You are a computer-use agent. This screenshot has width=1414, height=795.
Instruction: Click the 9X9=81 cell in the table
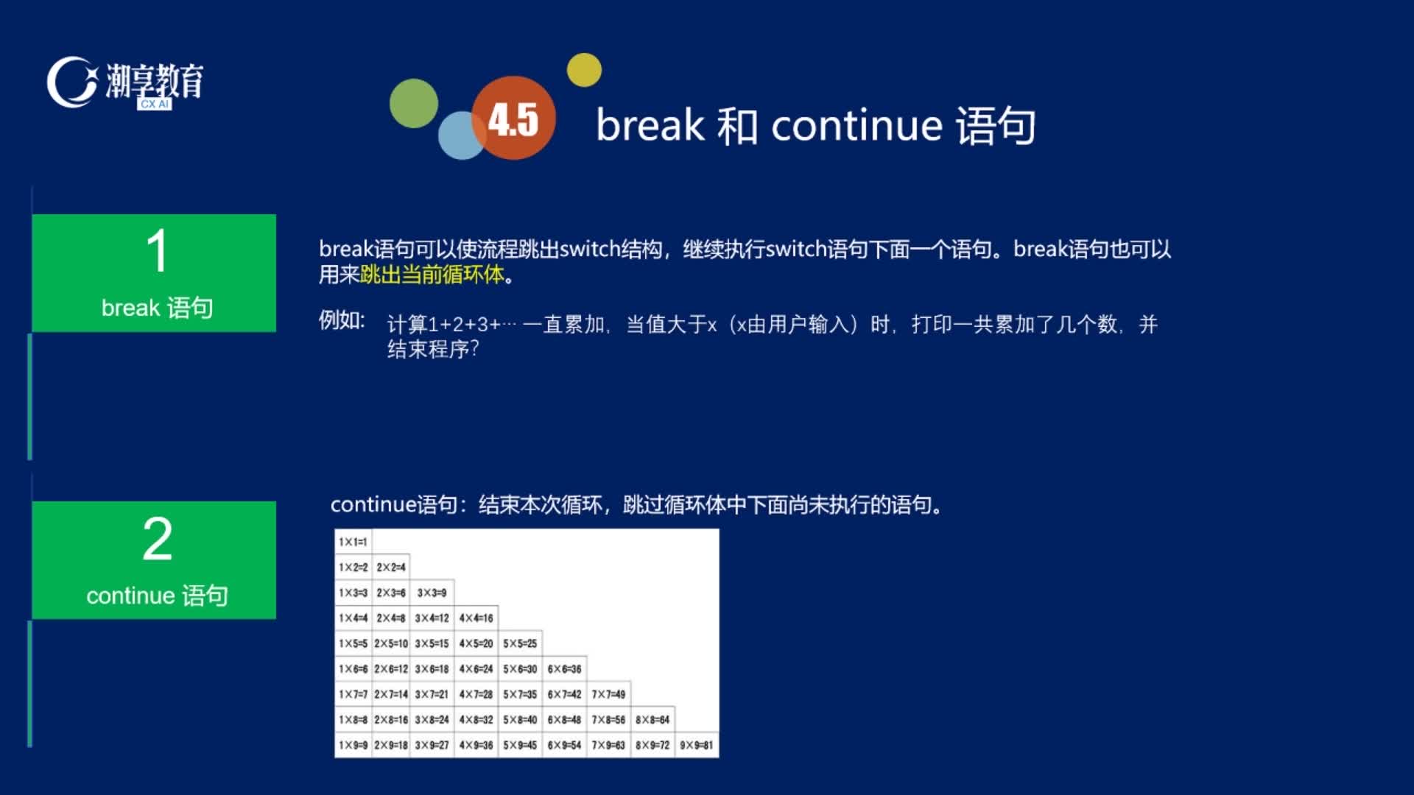tap(697, 745)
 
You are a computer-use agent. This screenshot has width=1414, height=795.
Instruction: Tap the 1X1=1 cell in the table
tap(353, 542)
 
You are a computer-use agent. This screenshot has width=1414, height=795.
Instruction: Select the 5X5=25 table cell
tap(520, 643)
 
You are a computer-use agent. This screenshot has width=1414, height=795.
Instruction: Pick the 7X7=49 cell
tap(608, 694)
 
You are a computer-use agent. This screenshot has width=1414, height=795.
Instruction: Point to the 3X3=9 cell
tap(432, 593)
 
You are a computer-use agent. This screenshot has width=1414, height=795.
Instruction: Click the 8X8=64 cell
tap(653, 720)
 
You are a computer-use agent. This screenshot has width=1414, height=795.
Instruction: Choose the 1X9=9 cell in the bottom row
tap(353, 745)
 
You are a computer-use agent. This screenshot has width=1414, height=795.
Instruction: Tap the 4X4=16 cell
tap(476, 618)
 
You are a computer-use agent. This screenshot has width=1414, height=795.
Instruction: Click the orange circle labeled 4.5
tap(513, 118)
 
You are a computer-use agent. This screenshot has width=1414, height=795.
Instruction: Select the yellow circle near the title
tap(584, 70)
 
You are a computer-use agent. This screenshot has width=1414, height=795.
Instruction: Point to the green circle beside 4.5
tap(414, 103)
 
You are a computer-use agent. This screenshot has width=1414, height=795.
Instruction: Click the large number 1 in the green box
tap(157, 251)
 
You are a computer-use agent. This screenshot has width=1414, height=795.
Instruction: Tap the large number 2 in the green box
tap(158, 539)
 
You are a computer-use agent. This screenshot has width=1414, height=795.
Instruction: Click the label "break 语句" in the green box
tap(158, 308)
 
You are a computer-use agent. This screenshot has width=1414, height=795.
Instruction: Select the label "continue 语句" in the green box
tap(158, 596)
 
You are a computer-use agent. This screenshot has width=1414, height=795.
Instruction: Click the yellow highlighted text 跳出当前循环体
tap(432, 275)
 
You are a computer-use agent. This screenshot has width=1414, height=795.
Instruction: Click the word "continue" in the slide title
tap(857, 125)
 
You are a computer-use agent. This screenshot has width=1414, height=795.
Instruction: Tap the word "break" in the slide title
tap(650, 125)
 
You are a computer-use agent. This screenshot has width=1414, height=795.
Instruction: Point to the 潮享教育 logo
tap(125, 82)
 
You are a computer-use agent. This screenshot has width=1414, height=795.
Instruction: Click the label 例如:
tap(342, 321)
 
